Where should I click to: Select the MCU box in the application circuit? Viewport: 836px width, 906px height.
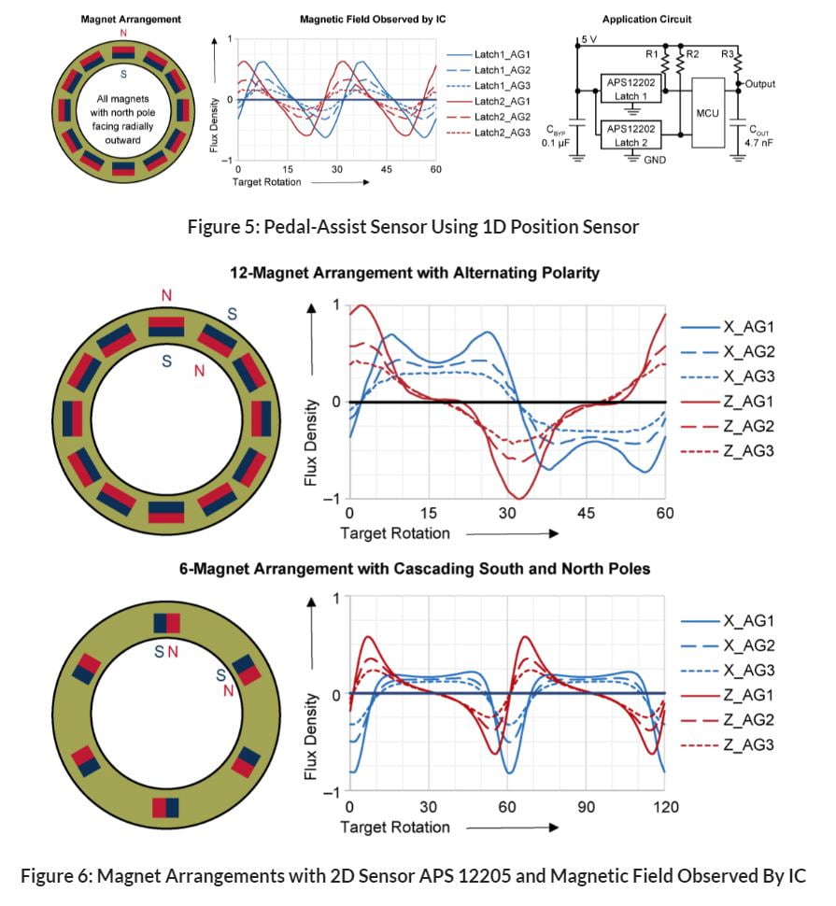pos(706,113)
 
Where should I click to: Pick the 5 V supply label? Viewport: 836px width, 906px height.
pos(588,40)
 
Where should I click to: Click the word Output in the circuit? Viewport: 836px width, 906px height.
pos(759,83)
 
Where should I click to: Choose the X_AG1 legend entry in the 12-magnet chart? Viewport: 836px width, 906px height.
pos(748,327)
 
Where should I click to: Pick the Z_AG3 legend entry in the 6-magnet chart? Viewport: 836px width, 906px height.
pos(748,744)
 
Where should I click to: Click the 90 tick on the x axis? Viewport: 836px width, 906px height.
pos(586,807)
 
